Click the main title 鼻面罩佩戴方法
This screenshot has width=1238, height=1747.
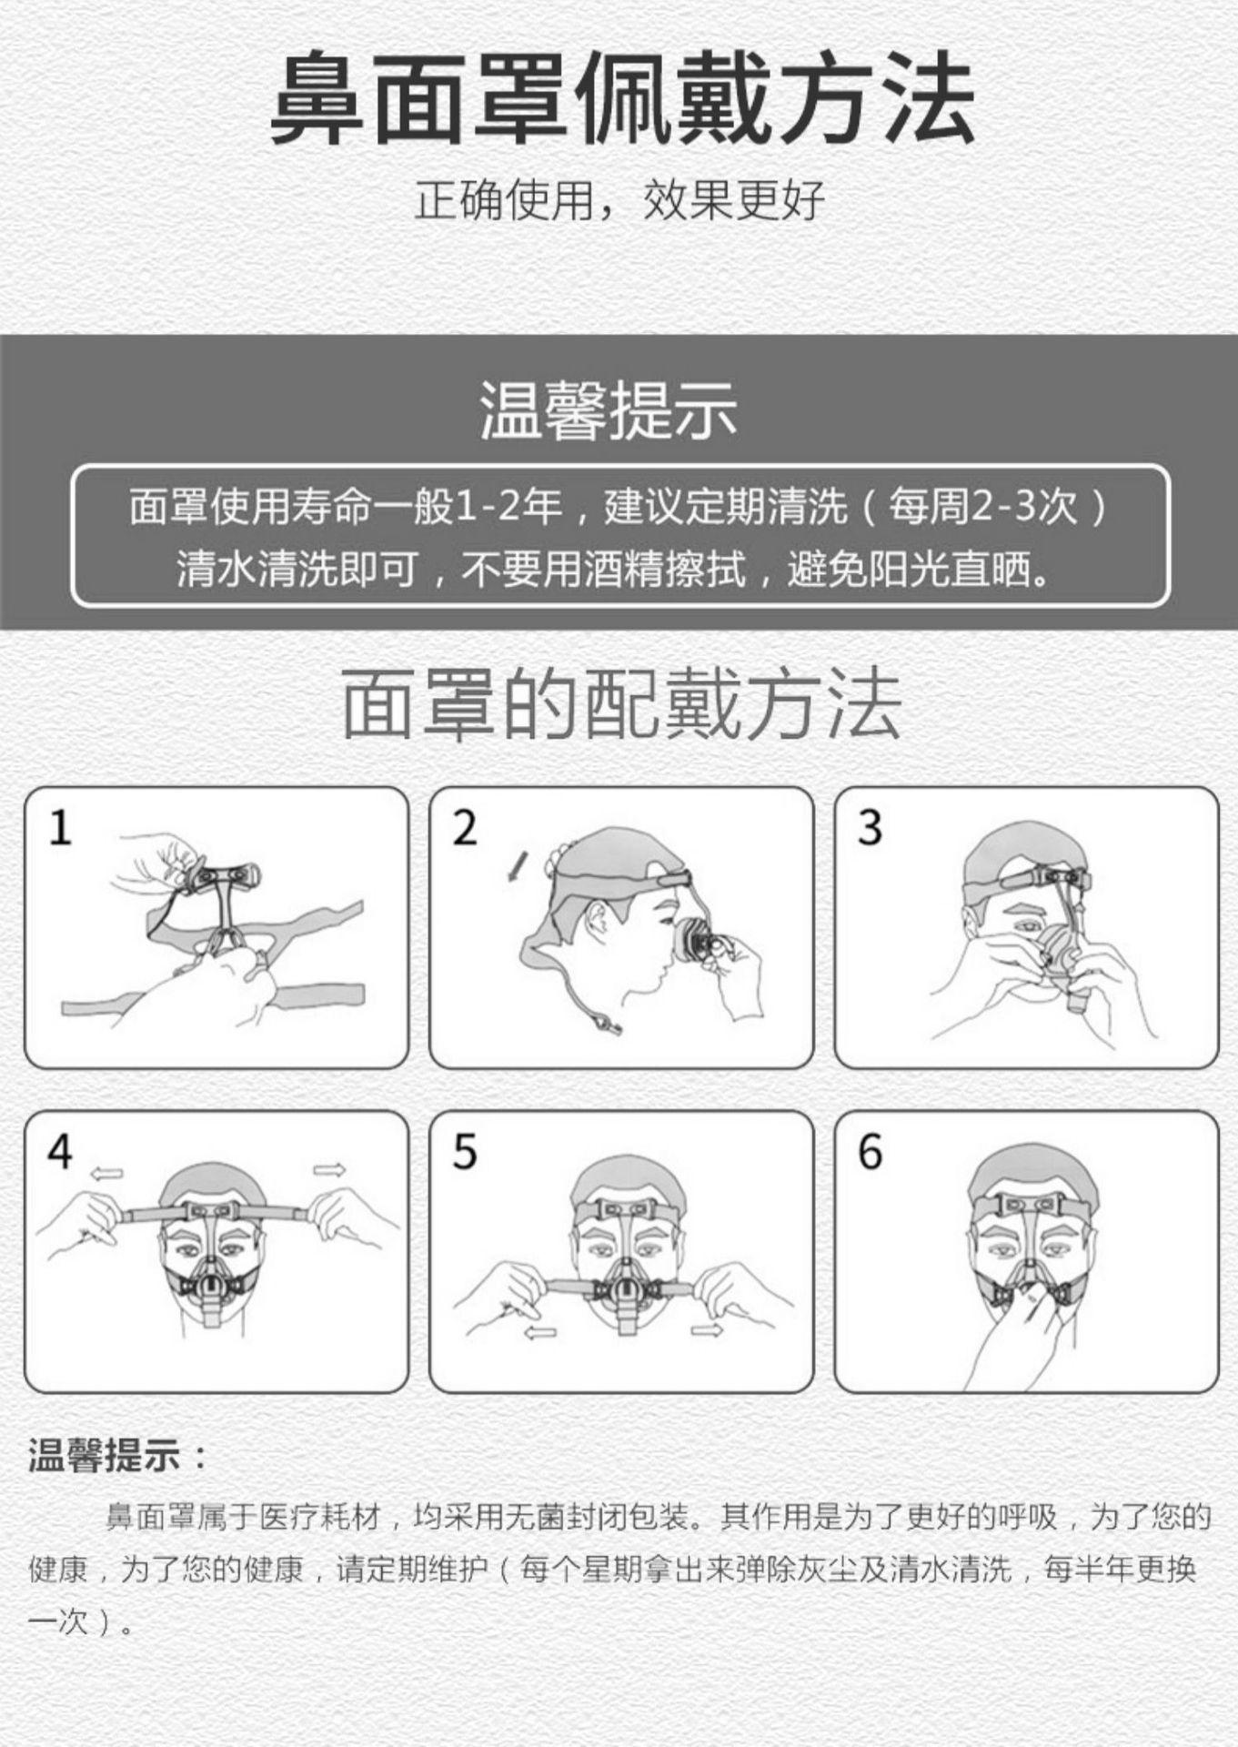(x=622, y=97)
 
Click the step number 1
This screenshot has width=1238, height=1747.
(x=60, y=828)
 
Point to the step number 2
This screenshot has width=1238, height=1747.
(x=465, y=828)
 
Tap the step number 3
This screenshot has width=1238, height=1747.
(x=871, y=828)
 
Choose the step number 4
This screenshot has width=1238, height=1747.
(x=60, y=1152)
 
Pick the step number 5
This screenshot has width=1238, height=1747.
(x=465, y=1152)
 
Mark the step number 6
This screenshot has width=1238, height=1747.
(x=871, y=1152)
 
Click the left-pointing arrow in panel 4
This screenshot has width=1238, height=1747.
(x=106, y=1174)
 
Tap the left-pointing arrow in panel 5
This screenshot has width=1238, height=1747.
(x=541, y=1333)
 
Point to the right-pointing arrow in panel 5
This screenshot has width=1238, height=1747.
(x=707, y=1330)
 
